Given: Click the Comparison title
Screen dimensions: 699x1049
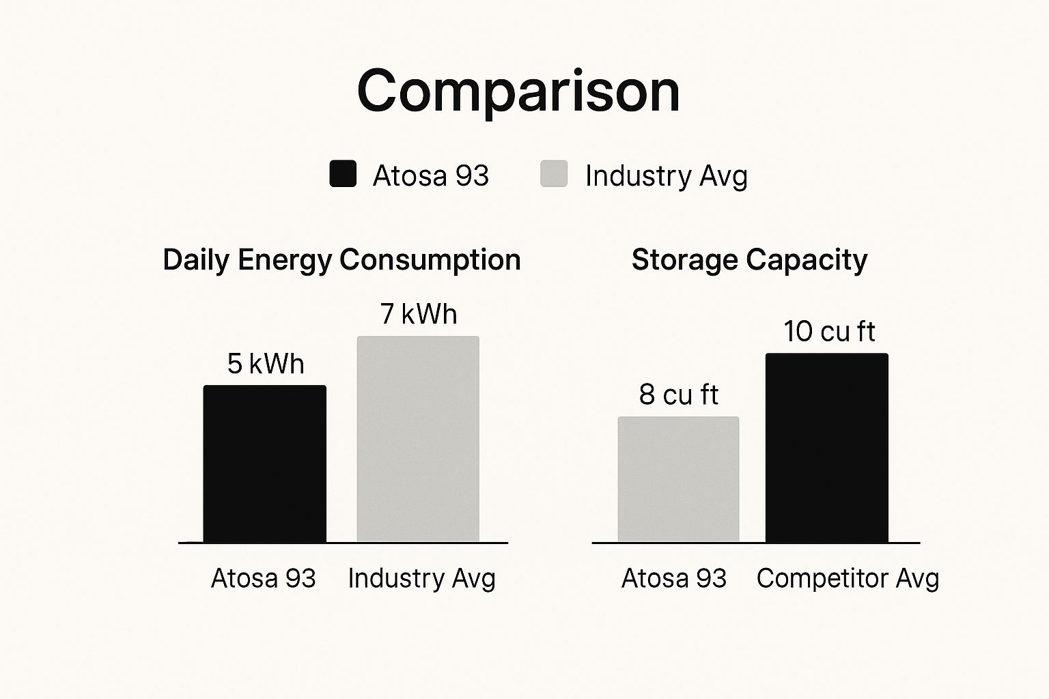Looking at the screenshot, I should [518, 91].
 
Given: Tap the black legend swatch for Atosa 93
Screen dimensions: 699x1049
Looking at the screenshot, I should [343, 174].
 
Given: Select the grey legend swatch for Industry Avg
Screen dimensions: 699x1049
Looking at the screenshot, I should [554, 174].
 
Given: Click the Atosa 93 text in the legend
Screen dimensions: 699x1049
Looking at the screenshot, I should [430, 176].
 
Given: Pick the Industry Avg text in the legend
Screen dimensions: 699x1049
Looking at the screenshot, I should [666, 176].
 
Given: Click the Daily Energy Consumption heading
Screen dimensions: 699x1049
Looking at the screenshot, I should [341, 260].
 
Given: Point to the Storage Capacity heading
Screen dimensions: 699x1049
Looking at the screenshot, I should [749, 260].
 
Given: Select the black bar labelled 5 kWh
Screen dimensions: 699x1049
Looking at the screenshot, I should [265, 464].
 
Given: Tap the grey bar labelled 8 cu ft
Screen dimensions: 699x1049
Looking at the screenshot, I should [678, 479].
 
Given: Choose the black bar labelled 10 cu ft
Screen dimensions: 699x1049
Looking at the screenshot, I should [826, 448].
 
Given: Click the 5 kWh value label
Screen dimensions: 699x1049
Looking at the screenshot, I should [266, 364].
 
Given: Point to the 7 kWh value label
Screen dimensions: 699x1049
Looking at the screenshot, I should [419, 314].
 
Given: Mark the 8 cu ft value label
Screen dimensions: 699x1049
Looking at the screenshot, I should [679, 395].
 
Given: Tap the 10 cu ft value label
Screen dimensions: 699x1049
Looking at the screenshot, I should [829, 332].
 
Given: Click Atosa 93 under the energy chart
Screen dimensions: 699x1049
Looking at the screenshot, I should [264, 578].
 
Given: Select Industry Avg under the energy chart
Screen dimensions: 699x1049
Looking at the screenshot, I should [421, 578].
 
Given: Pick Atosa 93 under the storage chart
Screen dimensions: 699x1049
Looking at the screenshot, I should [674, 578].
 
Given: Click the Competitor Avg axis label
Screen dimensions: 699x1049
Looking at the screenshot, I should [848, 578].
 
